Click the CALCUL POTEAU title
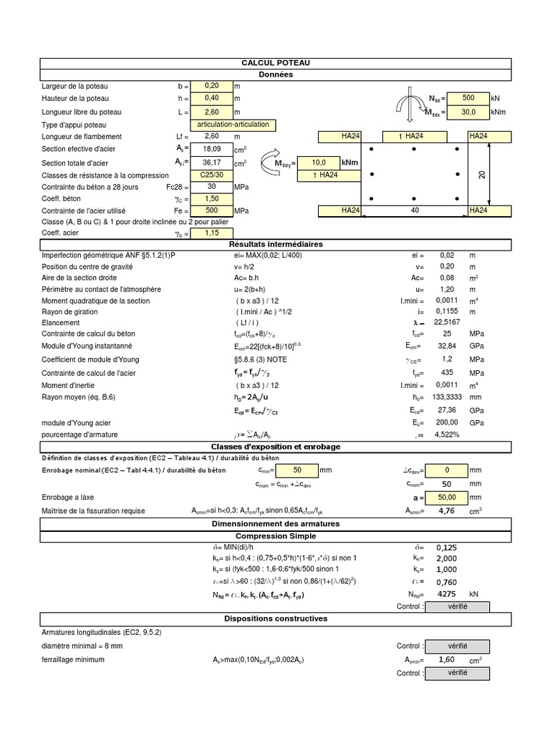276,64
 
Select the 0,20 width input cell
211,86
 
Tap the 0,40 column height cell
211,98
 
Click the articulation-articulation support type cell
233,125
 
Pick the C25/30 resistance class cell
211,175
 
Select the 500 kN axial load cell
468,98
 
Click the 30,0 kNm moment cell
468,112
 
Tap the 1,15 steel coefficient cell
211,233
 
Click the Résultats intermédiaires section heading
276,244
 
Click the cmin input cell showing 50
296,470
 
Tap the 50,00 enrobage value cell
448,497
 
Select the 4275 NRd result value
447,594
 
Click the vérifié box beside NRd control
458,607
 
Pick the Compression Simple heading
276,536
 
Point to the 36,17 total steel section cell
211,163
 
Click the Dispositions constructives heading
276,618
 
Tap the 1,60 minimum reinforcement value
447,660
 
